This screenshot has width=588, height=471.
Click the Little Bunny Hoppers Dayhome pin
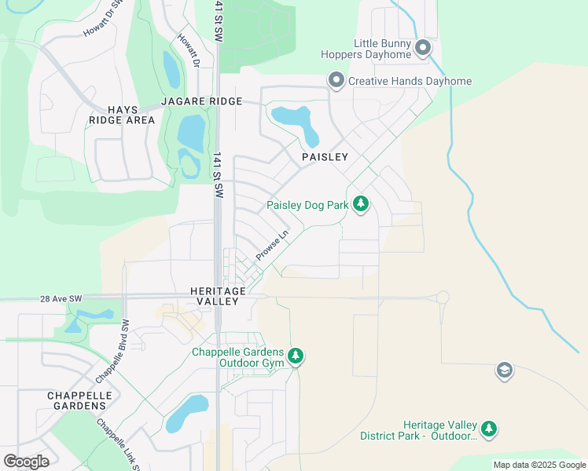[423, 49]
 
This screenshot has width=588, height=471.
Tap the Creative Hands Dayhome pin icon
[336, 81]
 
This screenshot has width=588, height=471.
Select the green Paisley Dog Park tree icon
[361, 205]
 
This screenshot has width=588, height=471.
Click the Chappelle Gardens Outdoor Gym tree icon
[296, 357]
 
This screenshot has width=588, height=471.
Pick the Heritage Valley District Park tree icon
[490, 429]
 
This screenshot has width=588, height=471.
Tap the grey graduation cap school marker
[504, 371]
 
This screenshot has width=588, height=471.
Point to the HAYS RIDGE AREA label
[122, 115]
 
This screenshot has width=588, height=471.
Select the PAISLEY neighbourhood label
[325, 157]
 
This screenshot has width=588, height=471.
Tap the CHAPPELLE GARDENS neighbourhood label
[76, 400]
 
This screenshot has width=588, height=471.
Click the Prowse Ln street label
[272, 246]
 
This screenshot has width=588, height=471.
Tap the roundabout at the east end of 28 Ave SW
[443, 298]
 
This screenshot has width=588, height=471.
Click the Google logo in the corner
[26, 461]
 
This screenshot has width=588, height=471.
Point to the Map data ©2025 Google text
[539, 465]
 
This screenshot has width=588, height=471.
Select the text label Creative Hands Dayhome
[410, 81]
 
